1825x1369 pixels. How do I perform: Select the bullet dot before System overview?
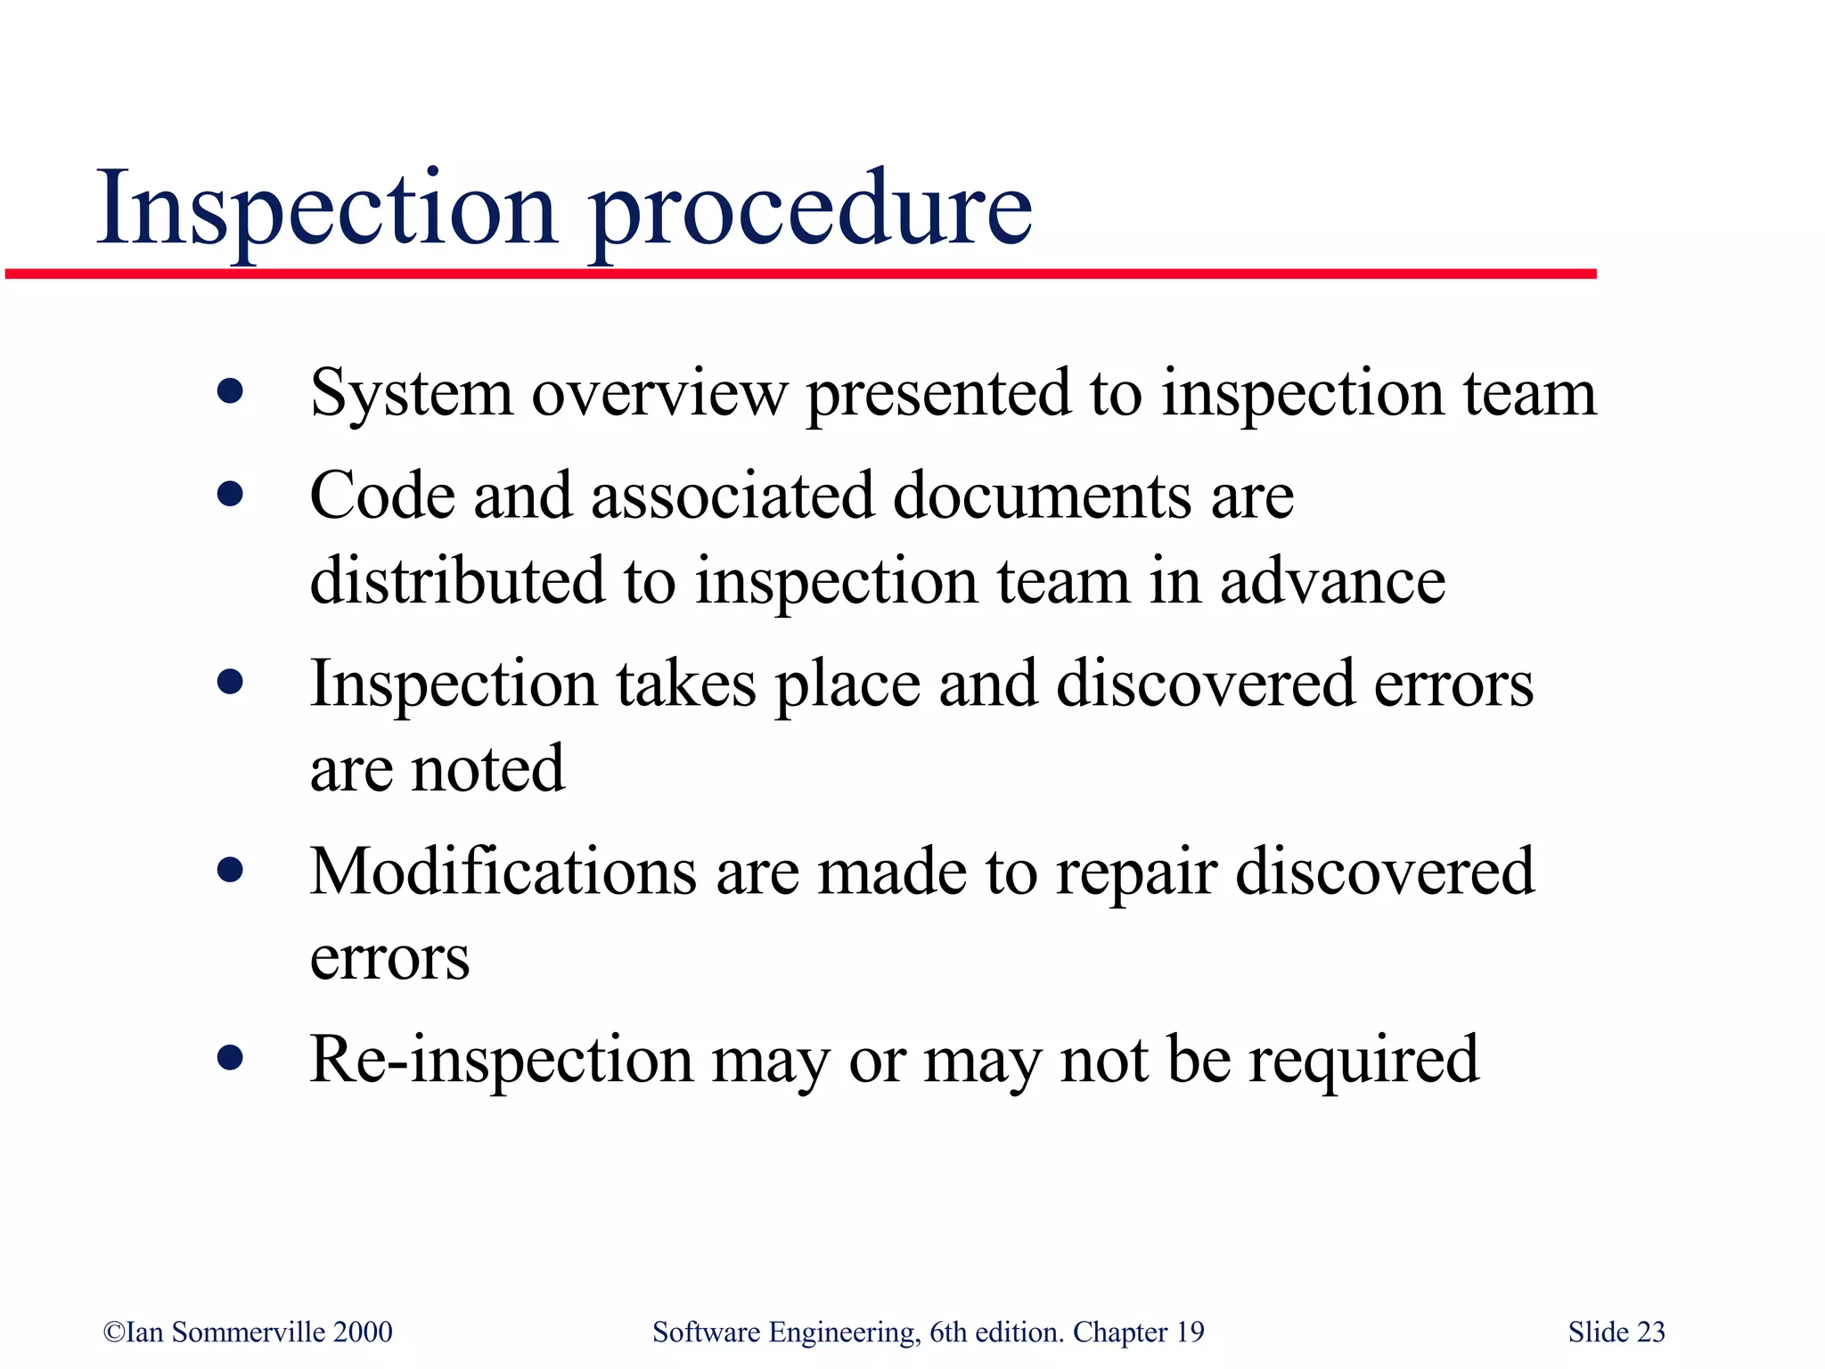(230, 391)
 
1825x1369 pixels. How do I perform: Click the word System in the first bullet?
(411, 394)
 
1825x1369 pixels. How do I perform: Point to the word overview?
(659, 394)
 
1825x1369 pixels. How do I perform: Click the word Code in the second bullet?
(381, 496)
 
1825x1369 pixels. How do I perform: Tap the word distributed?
(456, 581)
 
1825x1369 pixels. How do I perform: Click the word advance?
(1331, 581)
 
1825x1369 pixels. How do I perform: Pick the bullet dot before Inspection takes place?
(230, 683)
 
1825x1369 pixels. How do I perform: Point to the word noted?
(487, 768)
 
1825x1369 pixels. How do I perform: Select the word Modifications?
(503, 872)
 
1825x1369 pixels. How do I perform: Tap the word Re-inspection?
(501, 1061)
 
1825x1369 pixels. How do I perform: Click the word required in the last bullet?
(1363, 1061)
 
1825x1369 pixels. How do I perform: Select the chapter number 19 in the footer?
(1190, 1332)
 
